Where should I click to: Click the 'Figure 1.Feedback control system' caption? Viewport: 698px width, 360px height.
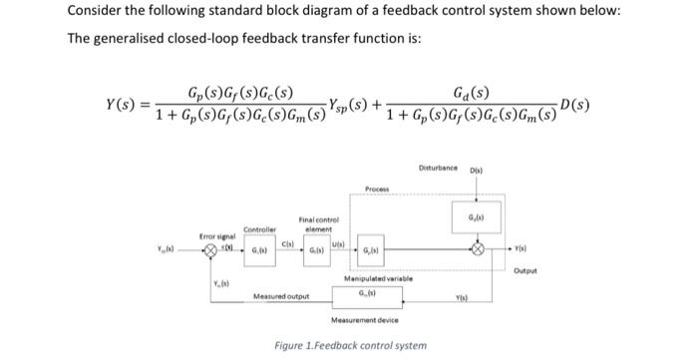pyautogui.click(x=350, y=345)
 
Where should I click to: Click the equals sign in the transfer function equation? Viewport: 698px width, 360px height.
pyautogui.click(x=144, y=106)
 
